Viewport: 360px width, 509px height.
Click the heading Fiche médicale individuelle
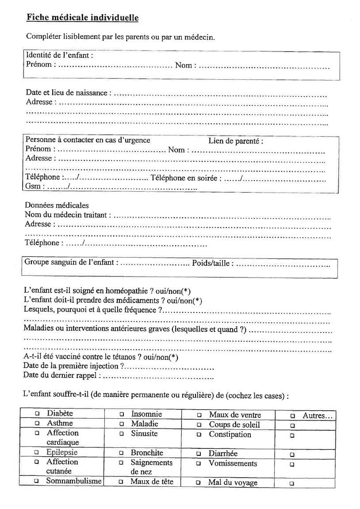(x=82, y=18)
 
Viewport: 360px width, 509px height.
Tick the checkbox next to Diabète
(x=37, y=414)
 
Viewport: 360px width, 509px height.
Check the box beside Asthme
(x=37, y=424)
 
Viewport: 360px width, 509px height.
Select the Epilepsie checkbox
(x=37, y=453)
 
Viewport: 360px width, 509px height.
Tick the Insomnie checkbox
(x=122, y=415)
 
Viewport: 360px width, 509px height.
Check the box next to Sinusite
(x=121, y=434)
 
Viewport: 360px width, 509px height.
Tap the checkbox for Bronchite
(x=121, y=453)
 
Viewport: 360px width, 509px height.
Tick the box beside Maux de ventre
(x=199, y=415)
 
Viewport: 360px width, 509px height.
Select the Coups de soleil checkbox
(x=199, y=425)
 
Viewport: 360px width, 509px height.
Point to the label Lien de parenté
(x=236, y=141)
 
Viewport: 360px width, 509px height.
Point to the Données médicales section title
(x=57, y=205)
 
